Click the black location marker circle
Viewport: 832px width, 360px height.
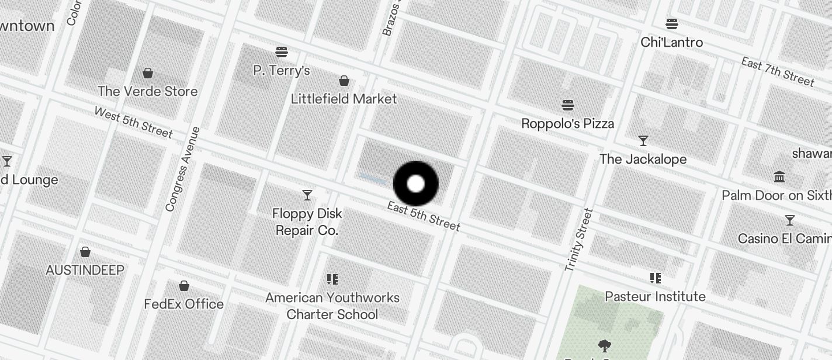[415, 184]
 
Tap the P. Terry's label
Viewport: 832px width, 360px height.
[282, 71]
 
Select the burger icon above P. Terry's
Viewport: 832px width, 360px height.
[282, 52]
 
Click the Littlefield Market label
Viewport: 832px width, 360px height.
[344, 99]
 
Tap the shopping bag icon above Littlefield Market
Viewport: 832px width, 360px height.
[344, 80]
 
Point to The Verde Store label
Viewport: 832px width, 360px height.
[147, 91]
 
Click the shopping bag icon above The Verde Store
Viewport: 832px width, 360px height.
[148, 73]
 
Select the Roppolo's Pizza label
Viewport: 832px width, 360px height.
[567, 123]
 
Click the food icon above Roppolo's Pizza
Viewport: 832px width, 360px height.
[568, 105]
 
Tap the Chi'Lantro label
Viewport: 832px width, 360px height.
[671, 42]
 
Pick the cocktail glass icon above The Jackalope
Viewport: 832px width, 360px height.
[643, 141]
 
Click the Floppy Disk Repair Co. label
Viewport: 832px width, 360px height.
[307, 222]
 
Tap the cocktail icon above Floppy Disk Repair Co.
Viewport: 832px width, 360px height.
[307, 195]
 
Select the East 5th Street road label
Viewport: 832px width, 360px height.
[424, 216]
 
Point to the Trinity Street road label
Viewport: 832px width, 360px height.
[579, 240]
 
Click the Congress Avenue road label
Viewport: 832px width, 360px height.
[183, 169]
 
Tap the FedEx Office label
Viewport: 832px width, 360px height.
[184, 304]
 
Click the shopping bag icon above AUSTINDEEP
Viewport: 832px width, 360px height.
[85, 252]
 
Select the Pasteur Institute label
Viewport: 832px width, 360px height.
[655, 296]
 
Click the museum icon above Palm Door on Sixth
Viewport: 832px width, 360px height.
[779, 176]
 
